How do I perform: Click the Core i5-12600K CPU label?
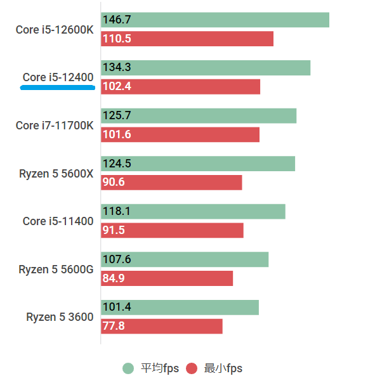pyautogui.click(x=55, y=30)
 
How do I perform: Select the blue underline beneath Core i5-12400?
pyautogui.click(x=58, y=88)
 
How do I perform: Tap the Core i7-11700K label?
pyautogui.click(x=55, y=126)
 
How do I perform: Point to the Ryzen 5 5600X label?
pyautogui.click(x=56, y=173)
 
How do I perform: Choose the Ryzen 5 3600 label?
pyautogui.click(x=60, y=317)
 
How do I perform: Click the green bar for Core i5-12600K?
pyautogui.click(x=215, y=20)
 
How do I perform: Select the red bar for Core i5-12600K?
pyautogui.click(x=187, y=39)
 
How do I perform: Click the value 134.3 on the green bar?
pyautogui.click(x=116, y=68)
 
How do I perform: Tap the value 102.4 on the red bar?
pyautogui.click(x=116, y=87)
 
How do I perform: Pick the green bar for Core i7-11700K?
pyautogui.click(x=199, y=116)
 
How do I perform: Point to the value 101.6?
pyautogui.click(x=116, y=134)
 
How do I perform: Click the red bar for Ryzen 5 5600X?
pyautogui.click(x=172, y=183)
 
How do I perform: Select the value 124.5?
pyautogui.click(x=116, y=164)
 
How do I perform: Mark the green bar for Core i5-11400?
pyautogui.click(x=193, y=212)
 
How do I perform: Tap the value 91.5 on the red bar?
pyautogui.click(x=114, y=230)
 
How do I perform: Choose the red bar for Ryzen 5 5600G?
pyautogui.click(x=167, y=278)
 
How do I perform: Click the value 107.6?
pyautogui.click(x=116, y=259)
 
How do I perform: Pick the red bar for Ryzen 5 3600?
pyautogui.click(x=162, y=326)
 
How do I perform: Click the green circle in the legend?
pyautogui.click(x=129, y=368)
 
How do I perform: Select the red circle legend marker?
pyautogui.click(x=192, y=368)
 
